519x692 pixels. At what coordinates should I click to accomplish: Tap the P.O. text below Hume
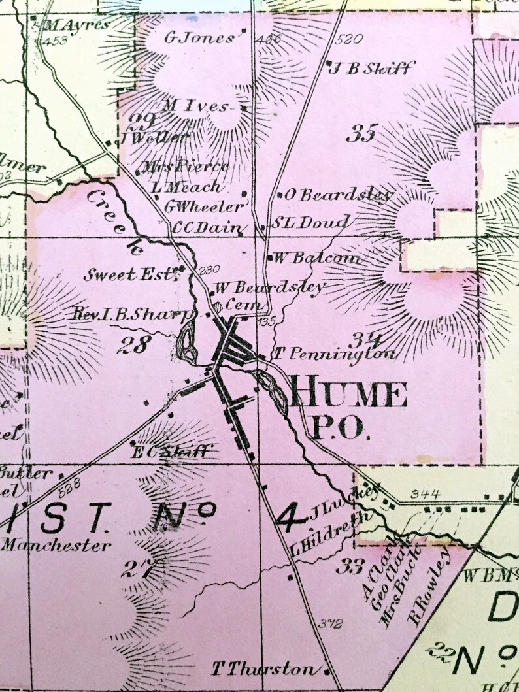coord(339,429)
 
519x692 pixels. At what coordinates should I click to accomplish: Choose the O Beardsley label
coord(339,195)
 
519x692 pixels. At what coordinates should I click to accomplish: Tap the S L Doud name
coord(310,222)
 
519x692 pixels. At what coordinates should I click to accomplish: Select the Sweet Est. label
coord(130,274)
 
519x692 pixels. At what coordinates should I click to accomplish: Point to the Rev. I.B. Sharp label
coord(133,315)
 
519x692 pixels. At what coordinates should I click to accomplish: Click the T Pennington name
coord(335,355)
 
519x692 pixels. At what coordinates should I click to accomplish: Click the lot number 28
coord(133,344)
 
